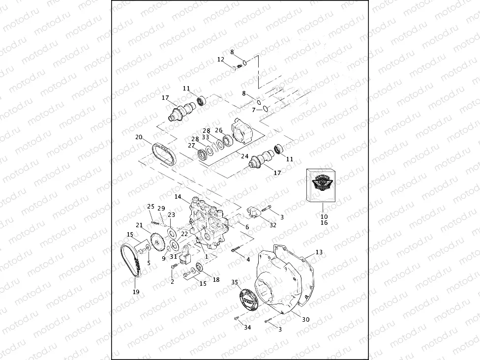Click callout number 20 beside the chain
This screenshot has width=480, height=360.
(139, 137)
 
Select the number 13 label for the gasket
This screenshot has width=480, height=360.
(319, 252)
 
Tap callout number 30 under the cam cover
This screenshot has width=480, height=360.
(305, 319)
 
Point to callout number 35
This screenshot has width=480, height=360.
(235, 282)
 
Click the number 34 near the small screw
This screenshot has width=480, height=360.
(247, 328)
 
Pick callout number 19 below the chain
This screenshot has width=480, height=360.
(136, 292)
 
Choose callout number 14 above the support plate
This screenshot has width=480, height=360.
(178, 197)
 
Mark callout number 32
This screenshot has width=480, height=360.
(273, 225)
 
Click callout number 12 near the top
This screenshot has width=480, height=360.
(221, 60)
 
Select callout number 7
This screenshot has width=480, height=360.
(254, 110)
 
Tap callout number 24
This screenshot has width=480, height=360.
(244, 156)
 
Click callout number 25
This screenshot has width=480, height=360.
(150, 206)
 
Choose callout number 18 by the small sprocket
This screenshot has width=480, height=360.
(215, 279)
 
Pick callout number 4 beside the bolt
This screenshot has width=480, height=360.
(248, 259)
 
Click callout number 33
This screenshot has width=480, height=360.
(206, 137)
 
